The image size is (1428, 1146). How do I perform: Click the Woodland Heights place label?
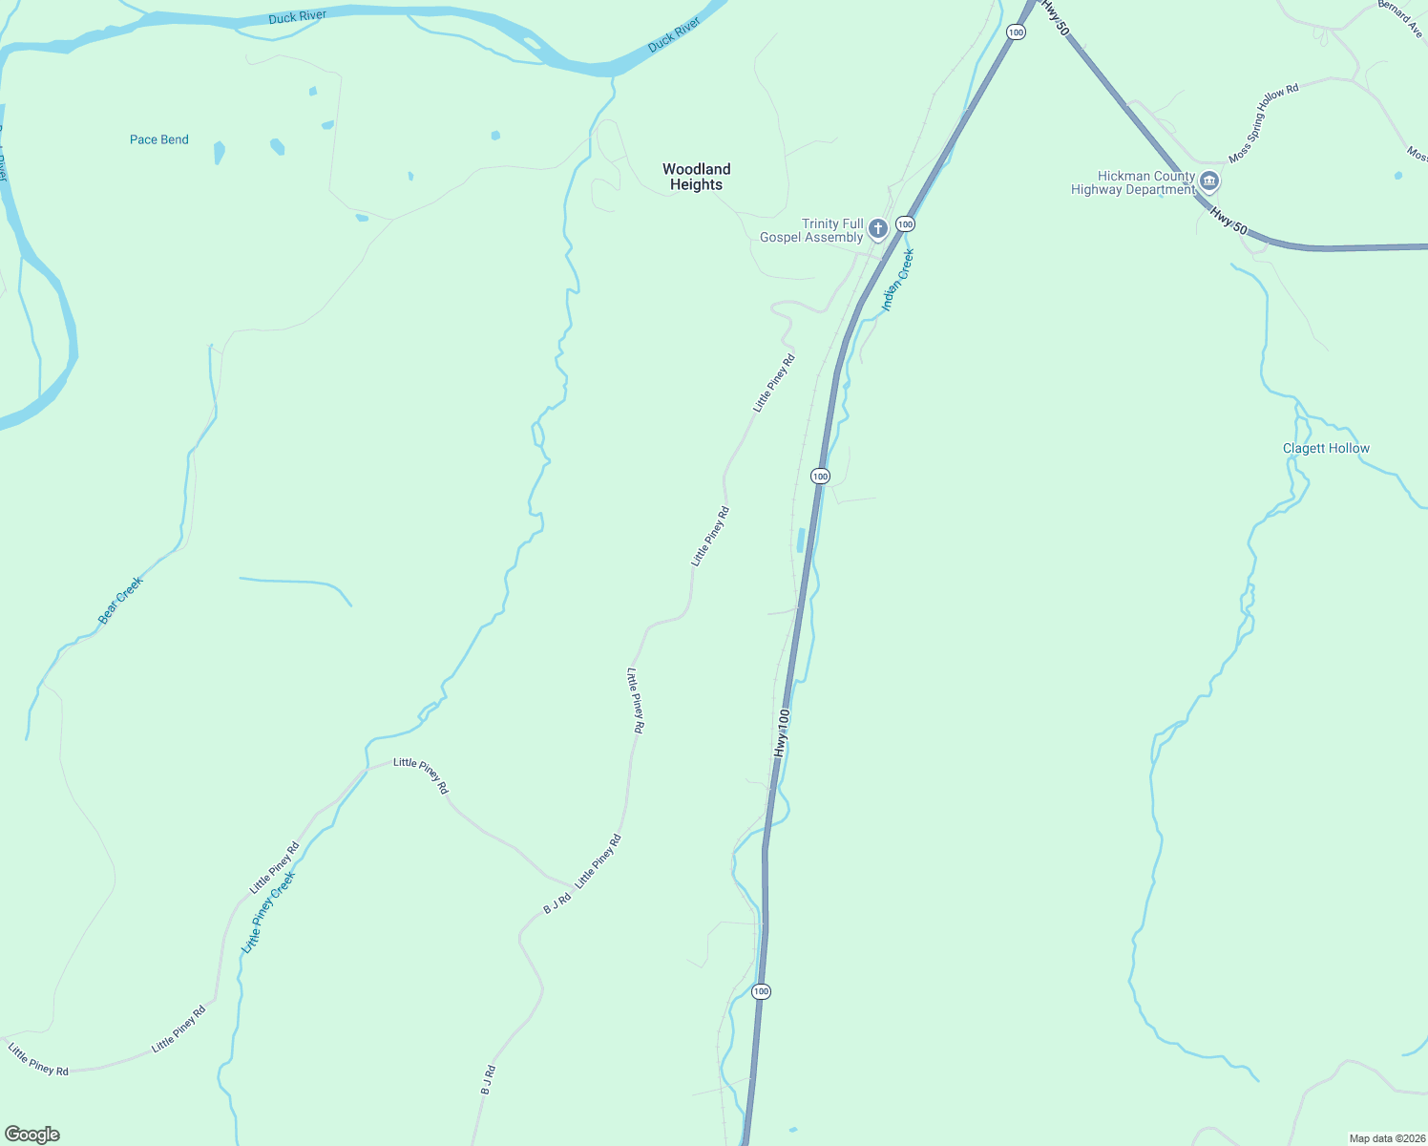[696, 177]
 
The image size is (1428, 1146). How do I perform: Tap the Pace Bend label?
[159, 139]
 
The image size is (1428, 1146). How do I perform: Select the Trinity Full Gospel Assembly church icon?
[878, 229]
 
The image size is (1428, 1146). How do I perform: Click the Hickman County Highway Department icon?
[1209, 181]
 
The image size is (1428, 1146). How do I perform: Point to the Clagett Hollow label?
[1326, 448]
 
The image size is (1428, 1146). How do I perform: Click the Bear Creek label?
[121, 601]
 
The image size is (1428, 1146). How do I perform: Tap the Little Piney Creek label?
[268, 912]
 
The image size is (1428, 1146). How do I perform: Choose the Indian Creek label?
[898, 279]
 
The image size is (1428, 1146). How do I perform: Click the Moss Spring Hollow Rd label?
[1264, 123]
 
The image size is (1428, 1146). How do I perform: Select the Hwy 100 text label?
[782, 733]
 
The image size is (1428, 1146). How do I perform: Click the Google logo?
[32, 1135]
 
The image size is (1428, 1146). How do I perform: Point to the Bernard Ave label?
[1400, 17]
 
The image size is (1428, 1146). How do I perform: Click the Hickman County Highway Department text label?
[1133, 182]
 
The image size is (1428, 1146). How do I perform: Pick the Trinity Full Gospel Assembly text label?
[812, 230]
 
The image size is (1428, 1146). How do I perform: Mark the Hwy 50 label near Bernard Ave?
[1055, 17]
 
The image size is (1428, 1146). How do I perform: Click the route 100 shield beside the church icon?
[905, 224]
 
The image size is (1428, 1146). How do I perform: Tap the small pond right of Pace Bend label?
[220, 152]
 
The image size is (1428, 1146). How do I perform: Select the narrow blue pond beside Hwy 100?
[801, 541]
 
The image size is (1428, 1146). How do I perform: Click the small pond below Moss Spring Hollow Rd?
[1398, 176]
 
